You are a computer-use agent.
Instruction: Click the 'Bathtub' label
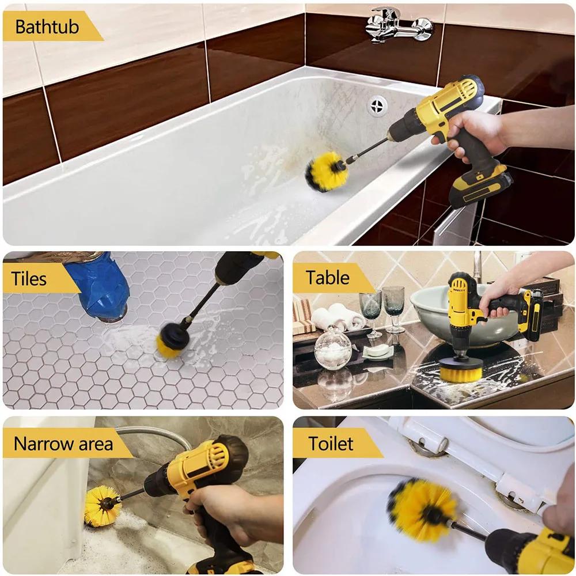click(x=47, y=26)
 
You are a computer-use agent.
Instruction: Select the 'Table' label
click(x=327, y=278)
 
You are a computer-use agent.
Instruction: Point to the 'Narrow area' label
click(x=63, y=444)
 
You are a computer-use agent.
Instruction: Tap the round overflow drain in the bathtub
click(x=377, y=106)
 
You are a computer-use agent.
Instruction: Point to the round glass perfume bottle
click(x=332, y=348)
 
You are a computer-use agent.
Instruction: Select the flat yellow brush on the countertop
click(x=461, y=370)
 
